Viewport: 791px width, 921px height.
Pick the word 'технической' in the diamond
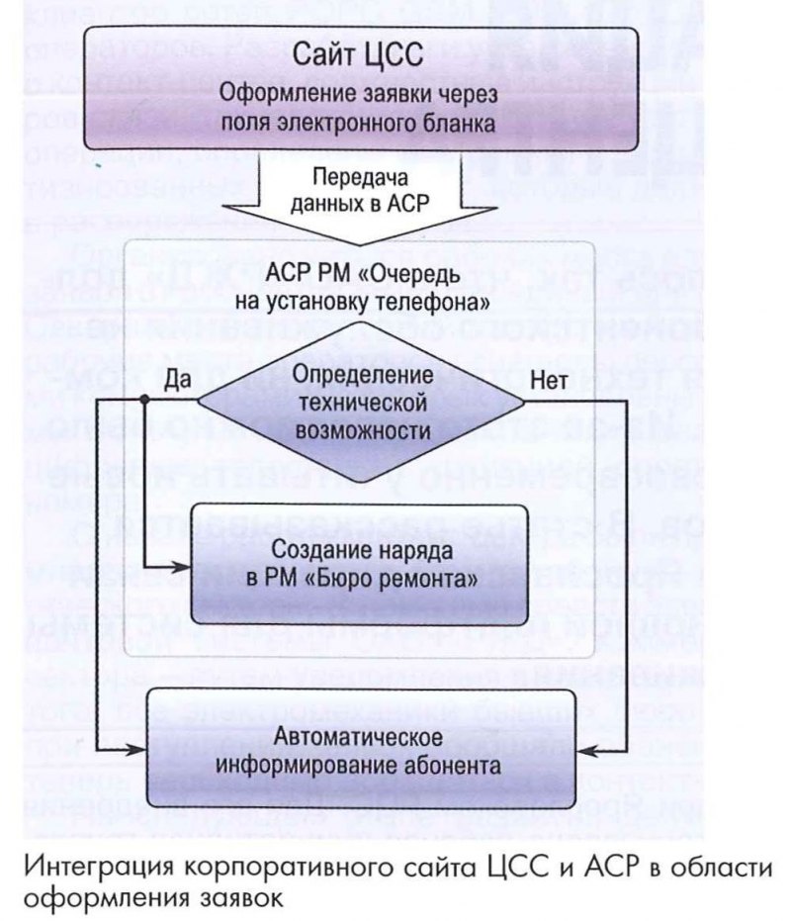pos(361,405)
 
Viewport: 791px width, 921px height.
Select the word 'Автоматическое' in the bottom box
pos(363,738)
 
